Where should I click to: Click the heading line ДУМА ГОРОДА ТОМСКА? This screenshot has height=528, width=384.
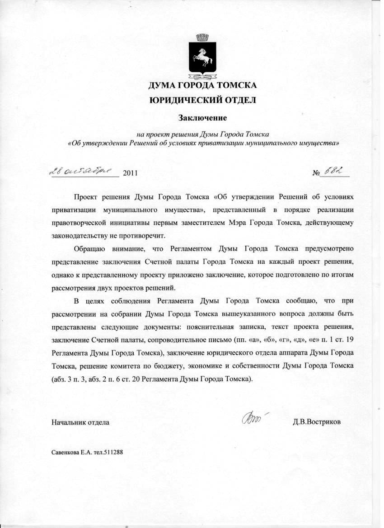pyautogui.click(x=203, y=85)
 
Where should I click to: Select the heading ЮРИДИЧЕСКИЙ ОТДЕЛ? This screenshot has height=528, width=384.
pyautogui.click(x=203, y=100)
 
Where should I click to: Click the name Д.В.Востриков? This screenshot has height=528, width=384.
pyautogui.click(x=317, y=423)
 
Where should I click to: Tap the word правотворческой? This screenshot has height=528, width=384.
pyautogui.click(x=78, y=223)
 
